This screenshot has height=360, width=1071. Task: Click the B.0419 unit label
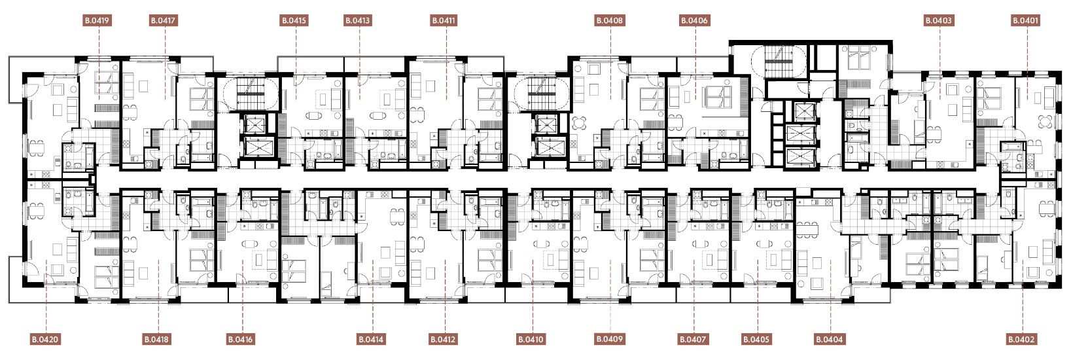tap(97, 20)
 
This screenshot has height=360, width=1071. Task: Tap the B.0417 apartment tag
tap(164, 20)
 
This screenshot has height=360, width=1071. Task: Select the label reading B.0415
tap(294, 20)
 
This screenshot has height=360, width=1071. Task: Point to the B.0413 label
tap(358, 20)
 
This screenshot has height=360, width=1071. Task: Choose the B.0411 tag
tap(444, 20)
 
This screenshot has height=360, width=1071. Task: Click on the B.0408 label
tap(610, 20)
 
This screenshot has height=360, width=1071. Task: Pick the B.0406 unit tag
tap(694, 20)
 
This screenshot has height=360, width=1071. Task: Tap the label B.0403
tap(939, 20)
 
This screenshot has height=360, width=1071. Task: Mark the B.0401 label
tap(1026, 20)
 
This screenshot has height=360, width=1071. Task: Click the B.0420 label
tap(45, 340)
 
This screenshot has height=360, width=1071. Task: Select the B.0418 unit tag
tap(156, 340)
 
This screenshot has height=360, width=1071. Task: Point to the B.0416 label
tap(240, 340)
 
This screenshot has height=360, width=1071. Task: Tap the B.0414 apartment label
tap(371, 340)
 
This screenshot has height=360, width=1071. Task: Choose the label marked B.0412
tap(443, 340)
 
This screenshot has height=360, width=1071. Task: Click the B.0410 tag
tap(531, 340)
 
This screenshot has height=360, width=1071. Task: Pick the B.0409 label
tap(610, 339)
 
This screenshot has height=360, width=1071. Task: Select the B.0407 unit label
tap(693, 340)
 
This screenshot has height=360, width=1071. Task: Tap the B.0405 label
tap(756, 340)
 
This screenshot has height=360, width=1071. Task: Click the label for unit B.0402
tap(1021, 340)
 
